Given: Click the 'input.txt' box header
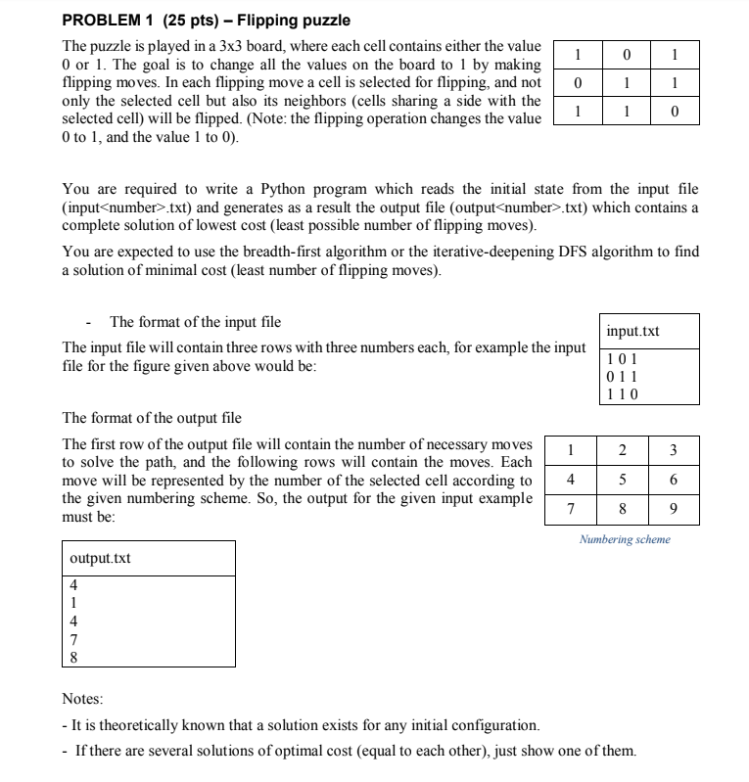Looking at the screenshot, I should (x=633, y=331).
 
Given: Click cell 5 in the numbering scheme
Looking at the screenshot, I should (x=619, y=480).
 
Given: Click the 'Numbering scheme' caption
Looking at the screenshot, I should (x=625, y=539).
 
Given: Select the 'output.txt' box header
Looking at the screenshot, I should (x=101, y=558).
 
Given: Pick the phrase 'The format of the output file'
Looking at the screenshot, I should (x=152, y=418).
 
